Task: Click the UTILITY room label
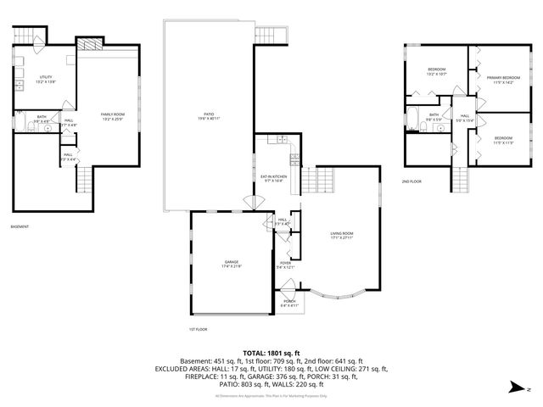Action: click(x=44, y=80)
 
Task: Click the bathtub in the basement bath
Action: click(x=19, y=124)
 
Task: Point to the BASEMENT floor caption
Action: click(x=20, y=226)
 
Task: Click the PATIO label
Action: click(x=208, y=115)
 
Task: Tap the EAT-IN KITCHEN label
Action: click(x=273, y=178)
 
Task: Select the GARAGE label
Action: click(x=231, y=264)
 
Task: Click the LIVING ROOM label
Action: click(x=342, y=235)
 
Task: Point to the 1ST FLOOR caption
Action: click(x=198, y=329)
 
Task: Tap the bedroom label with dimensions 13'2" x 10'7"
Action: click(x=436, y=71)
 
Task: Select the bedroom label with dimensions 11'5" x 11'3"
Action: click(x=503, y=139)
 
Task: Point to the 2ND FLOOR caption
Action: click(x=412, y=181)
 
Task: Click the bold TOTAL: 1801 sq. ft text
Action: click(x=271, y=352)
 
